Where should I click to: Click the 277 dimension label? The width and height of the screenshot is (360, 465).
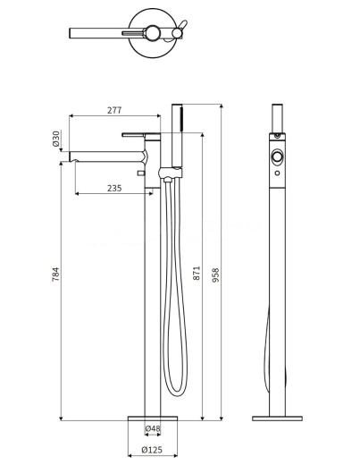click(x=114, y=110)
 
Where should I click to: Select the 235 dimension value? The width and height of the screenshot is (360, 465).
click(x=114, y=188)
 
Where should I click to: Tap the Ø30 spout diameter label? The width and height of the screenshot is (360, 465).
click(x=56, y=139)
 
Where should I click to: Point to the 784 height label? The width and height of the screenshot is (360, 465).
click(x=55, y=275)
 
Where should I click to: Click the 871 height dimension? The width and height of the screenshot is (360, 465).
click(x=197, y=273)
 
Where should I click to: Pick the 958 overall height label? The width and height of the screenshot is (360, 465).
click(x=215, y=275)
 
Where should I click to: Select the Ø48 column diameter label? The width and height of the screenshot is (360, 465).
click(x=153, y=428)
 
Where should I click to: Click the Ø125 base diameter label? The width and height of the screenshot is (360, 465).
click(x=152, y=450)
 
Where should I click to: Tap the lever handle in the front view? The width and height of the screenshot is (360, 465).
click(x=133, y=135)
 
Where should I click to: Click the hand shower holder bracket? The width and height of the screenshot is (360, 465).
click(x=170, y=173)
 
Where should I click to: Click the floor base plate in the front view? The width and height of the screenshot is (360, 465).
click(x=153, y=418)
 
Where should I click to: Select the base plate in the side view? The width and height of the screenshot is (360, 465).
click(x=277, y=418)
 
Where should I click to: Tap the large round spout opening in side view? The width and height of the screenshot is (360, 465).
click(x=277, y=156)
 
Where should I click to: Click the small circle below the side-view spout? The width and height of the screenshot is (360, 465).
click(x=277, y=173)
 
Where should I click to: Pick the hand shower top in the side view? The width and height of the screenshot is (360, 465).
click(x=277, y=118)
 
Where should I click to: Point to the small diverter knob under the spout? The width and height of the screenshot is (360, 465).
click(x=140, y=173)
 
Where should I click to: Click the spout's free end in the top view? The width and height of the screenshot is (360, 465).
click(x=71, y=33)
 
